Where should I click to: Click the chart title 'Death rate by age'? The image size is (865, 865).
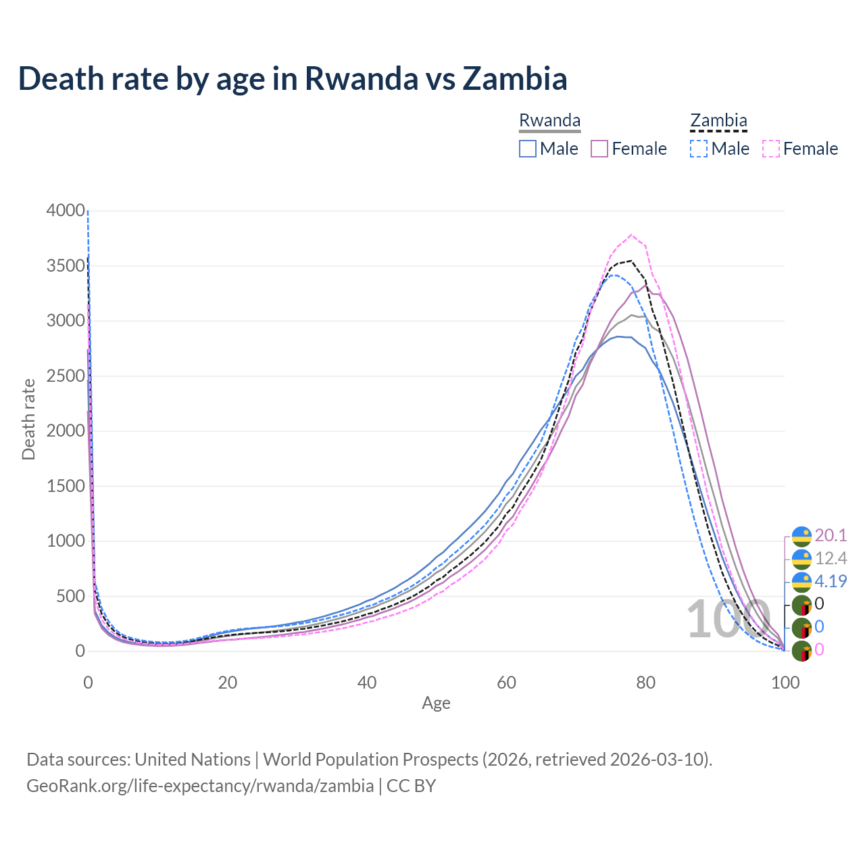pyautogui.click(x=292, y=78)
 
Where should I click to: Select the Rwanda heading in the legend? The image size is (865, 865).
pyautogui.click(x=549, y=120)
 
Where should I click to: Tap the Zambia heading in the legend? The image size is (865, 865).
pyautogui.click(x=718, y=120)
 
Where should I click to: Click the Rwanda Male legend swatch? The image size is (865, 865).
pyautogui.click(x=528, y=149)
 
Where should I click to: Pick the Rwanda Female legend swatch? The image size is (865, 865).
pyautogui.click(x=600, y=149)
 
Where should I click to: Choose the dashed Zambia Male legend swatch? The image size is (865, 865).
pyautogui.click(x=699, y=149)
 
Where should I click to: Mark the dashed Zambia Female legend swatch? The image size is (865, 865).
pyautogui.click(x=771, y=149)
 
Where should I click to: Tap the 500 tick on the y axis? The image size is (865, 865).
pyautogui.click(x=70, y=596)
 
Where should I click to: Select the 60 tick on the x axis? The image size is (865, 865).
pyautogui.click(x=506, y=683)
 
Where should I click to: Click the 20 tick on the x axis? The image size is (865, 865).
pyautogui.click(x=228, y=683)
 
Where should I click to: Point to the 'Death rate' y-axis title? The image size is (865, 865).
pyautogui.click(x=28, y=419)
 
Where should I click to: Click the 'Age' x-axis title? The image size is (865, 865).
pyautogui.click(x=436, y=703)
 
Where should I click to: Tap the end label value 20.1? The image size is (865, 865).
pyautogui.click(x=831, y=535)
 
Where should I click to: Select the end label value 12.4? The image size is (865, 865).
pyautogui.click(x=831, y=558)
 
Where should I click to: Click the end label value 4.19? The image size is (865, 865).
pyautogui.click(x=831, y=581)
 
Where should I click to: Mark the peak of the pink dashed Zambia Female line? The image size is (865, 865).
pyautogui.click(x=631, y=235)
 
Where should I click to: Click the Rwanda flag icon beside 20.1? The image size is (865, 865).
pyautogui.click(x=801, y=536)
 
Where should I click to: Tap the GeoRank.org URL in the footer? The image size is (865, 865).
pyautogui.click(x=200, y=786)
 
